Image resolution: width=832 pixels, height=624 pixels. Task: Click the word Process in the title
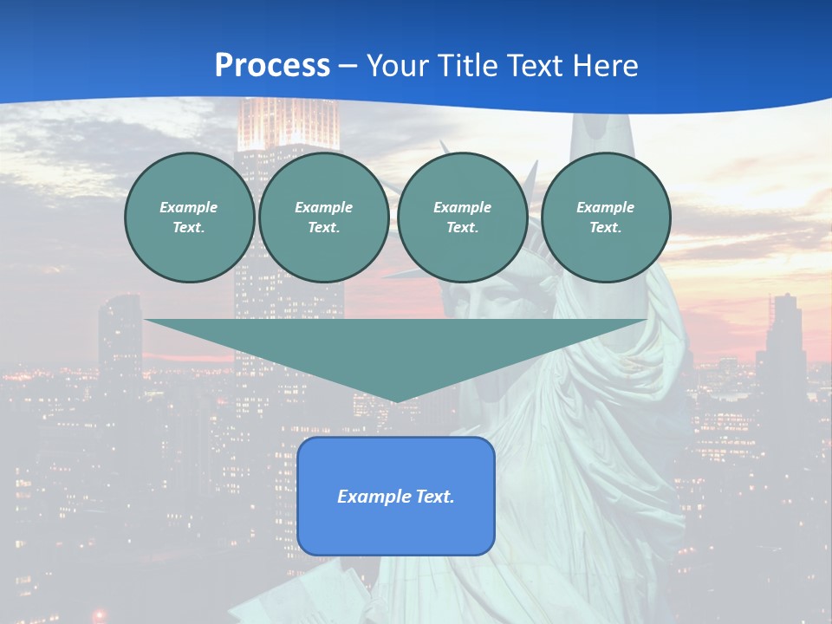pyautogui.click(x=272, y=66)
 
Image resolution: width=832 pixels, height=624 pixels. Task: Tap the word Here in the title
pyautogui.click(x=607, y=66)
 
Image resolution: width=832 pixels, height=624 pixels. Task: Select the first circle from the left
pyautogui.click(x=189, y=218)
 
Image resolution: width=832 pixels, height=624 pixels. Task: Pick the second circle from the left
pyautogui.click(x=323, y=218)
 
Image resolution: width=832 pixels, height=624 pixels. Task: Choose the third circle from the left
pyautogui.click(x=462, y=218)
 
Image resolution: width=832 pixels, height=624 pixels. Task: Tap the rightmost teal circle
pyautogui.click(x=605, y=218)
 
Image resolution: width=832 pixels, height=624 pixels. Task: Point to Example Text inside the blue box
pyautogui.click(x=396, y=497)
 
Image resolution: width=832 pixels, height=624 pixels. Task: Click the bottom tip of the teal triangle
pyautogui.click(x=396, y=400)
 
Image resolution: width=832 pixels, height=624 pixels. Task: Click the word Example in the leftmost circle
pyautogui.click(x=189, y=207)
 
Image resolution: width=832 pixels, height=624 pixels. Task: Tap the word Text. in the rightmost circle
pyautogui.click(x=605, y=228)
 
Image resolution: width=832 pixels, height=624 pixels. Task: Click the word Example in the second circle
pyautogui.click(x=323, y=207)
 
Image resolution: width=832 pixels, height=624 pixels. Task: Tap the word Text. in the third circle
pyautogui.click(x=462, y=228)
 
